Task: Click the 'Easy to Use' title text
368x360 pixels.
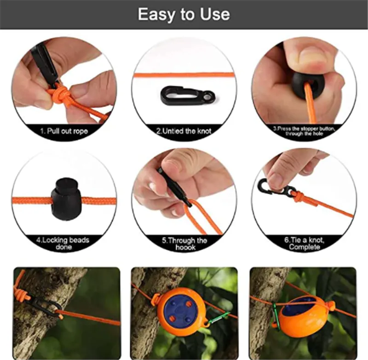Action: click(184, 14)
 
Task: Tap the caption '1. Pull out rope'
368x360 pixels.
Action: click(64, 131)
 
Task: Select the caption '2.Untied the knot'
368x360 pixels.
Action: click(184, 131)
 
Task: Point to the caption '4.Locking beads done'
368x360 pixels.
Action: click(63, 243)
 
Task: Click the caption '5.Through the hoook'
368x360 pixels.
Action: click(185, 244)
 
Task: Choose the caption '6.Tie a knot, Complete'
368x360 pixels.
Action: click(305, 243)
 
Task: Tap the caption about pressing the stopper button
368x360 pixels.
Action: click(304, 131)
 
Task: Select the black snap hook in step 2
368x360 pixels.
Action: click(188, 96)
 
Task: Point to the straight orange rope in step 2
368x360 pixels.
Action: click(184, 75)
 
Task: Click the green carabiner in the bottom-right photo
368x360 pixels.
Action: click(276, 315)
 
